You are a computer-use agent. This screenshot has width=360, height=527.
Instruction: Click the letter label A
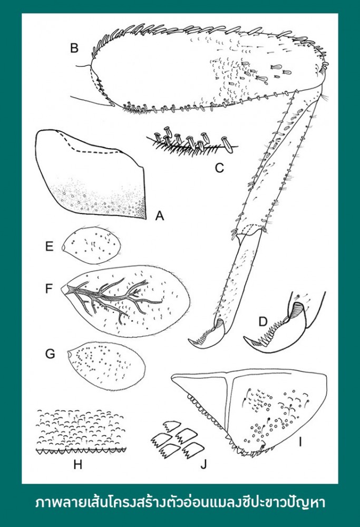click(x=160, y=216)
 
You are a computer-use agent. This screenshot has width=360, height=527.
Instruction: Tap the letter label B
click(x=74, y=48)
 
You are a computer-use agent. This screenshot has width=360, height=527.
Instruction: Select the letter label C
click(x=219, y=168)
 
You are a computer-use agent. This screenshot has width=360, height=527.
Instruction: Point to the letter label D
click(x=263, y=321)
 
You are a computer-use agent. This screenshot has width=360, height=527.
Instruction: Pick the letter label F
click(x=49, y=288)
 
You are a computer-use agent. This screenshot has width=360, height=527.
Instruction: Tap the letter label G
click(x=50, y=354)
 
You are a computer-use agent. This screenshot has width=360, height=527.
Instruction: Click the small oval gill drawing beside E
click(x=92, y=246)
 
